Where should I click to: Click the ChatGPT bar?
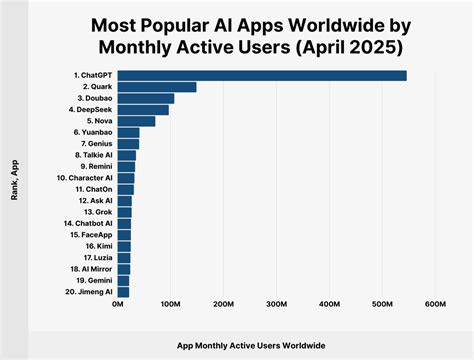262,76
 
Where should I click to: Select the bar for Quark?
157,87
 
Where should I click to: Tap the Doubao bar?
146,99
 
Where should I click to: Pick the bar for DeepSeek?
143,110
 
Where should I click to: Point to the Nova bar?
137,122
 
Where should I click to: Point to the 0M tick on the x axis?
119,304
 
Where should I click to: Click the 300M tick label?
277,304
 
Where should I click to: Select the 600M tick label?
435,304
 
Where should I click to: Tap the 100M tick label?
171,304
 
